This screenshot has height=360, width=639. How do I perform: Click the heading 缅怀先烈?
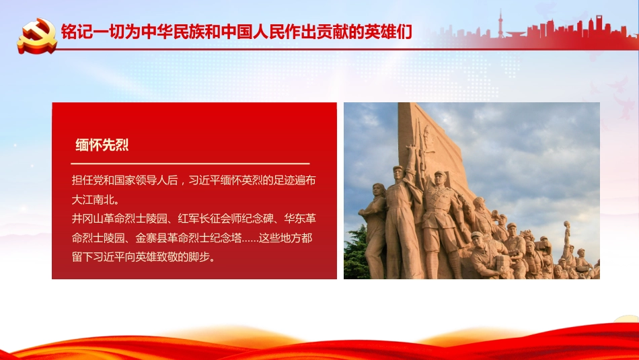[102, 145]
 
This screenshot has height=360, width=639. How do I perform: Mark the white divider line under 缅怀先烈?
[190, 164]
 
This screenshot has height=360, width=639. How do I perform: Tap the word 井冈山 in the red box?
[86, 219]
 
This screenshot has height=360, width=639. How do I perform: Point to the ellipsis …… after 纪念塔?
[246, 238]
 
